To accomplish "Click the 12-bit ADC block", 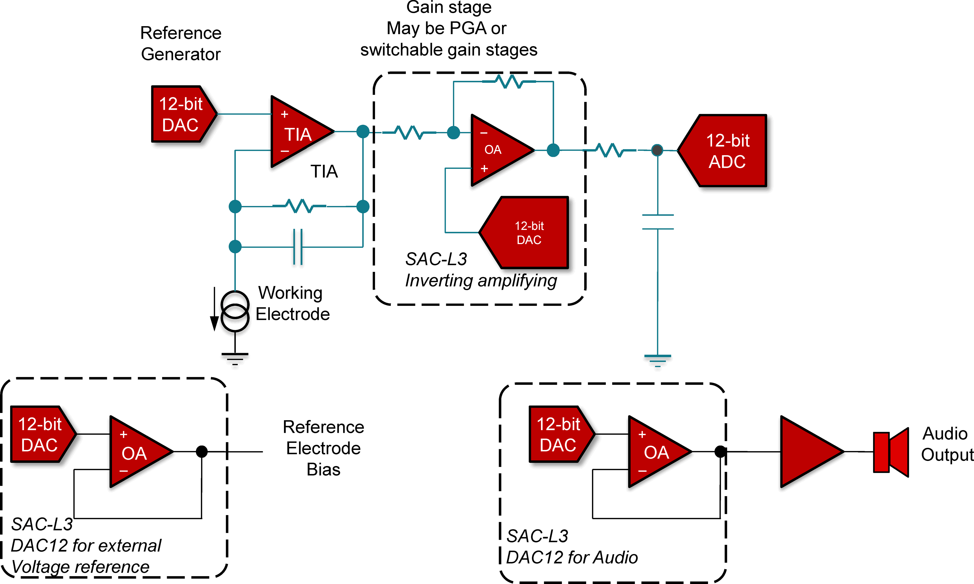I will pos(726,151).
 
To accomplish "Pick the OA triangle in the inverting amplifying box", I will pos(498,150).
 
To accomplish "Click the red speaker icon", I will pos(891,452).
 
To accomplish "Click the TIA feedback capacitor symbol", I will pos(298,247).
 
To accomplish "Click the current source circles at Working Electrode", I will pos(235,311).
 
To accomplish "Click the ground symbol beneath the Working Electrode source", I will pos(235,358).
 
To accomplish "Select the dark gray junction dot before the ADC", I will pos(657,150).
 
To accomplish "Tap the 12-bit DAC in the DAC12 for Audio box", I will pos(559,434).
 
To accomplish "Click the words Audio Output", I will pos(946,444).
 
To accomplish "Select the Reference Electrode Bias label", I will pos(323,448).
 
